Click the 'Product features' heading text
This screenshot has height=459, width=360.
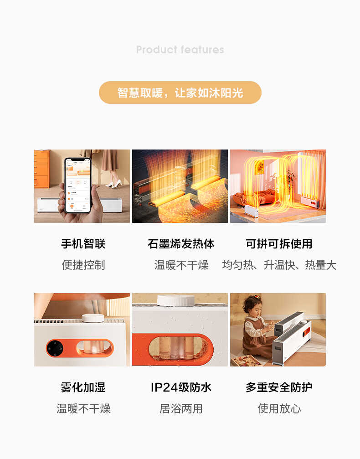[180, 50]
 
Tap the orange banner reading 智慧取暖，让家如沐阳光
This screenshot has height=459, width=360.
[180, 93]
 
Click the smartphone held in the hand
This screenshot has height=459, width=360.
[77, 186]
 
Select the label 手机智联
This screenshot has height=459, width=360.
[83, 244]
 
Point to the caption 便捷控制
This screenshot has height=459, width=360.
[83, 265]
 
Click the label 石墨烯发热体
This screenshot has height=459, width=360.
[181, 244]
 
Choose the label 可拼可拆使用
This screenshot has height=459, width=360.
[279, 244]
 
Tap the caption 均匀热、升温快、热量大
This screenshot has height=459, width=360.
[279, 265]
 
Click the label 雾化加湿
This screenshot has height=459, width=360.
[83, 387]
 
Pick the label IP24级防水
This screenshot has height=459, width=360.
[181, 387]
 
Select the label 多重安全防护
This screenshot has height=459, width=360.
[279, 387]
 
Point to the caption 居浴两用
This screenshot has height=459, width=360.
[181, 408]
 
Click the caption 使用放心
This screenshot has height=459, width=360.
[279, 408]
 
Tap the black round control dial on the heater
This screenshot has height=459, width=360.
[55, 349]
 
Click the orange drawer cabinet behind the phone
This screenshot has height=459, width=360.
[41, 169]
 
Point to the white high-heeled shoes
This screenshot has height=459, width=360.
[114, 184]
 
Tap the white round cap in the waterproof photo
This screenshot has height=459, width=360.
[175, 300]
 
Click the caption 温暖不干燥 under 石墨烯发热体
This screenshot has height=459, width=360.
[181, 265]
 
